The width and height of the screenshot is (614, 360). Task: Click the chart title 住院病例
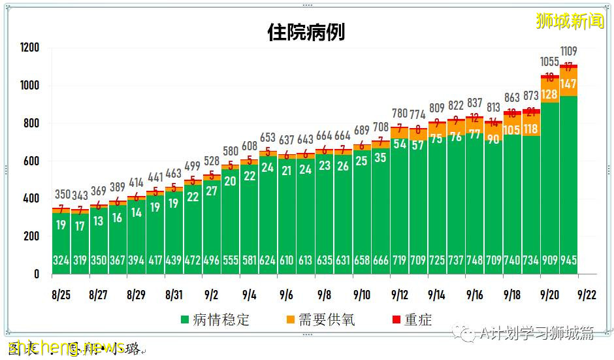tap(306, 32)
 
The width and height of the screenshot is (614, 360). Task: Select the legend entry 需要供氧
tap(319, 319)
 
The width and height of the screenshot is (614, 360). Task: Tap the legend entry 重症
tap(410, 319)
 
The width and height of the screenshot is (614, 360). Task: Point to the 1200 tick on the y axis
tap(29, 48)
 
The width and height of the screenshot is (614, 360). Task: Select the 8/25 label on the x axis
tap(61, 295)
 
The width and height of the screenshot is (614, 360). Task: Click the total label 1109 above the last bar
tap(568, 50)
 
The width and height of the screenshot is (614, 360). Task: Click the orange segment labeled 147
tap(568, 83)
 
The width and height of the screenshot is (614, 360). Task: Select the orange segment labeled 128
tap(549, 93)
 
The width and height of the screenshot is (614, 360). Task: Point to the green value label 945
tap(568, 260)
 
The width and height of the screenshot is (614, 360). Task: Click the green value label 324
tap(61, 260)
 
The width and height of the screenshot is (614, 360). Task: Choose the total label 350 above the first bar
tap(61, 194)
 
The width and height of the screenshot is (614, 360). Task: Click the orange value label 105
tap(511, 129)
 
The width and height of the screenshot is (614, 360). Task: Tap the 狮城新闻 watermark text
tap(569, 21)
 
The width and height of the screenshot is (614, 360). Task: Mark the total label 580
tap(230, 151)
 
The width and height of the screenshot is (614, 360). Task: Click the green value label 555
tap(230, 260)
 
